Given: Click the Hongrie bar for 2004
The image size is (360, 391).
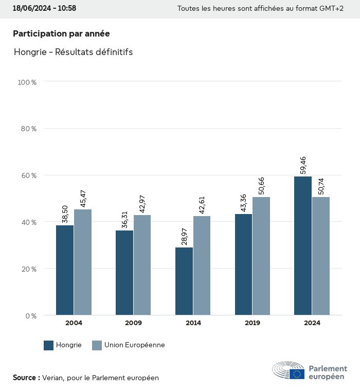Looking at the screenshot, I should point(65,270).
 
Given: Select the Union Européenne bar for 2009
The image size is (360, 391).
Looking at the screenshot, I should point(142,265).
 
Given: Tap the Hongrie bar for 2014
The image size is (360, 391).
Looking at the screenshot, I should point(184,281).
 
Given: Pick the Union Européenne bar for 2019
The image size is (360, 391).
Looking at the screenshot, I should point(261,256).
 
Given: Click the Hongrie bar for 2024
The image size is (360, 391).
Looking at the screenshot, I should point(303,245).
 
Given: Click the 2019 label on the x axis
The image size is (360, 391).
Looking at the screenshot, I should point(253,323).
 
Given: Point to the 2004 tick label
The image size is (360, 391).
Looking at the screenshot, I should point(74,323).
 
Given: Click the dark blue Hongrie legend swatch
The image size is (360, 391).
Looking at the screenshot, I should point(49,345).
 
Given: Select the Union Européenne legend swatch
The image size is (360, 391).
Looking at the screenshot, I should point(97,345).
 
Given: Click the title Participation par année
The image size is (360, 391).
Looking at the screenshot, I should point(61,33).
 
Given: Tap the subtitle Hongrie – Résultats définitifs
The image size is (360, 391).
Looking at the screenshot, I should point(73,52).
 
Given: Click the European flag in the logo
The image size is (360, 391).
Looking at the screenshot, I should point(297,374).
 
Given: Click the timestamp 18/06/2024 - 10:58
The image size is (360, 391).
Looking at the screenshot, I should point(44,8).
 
